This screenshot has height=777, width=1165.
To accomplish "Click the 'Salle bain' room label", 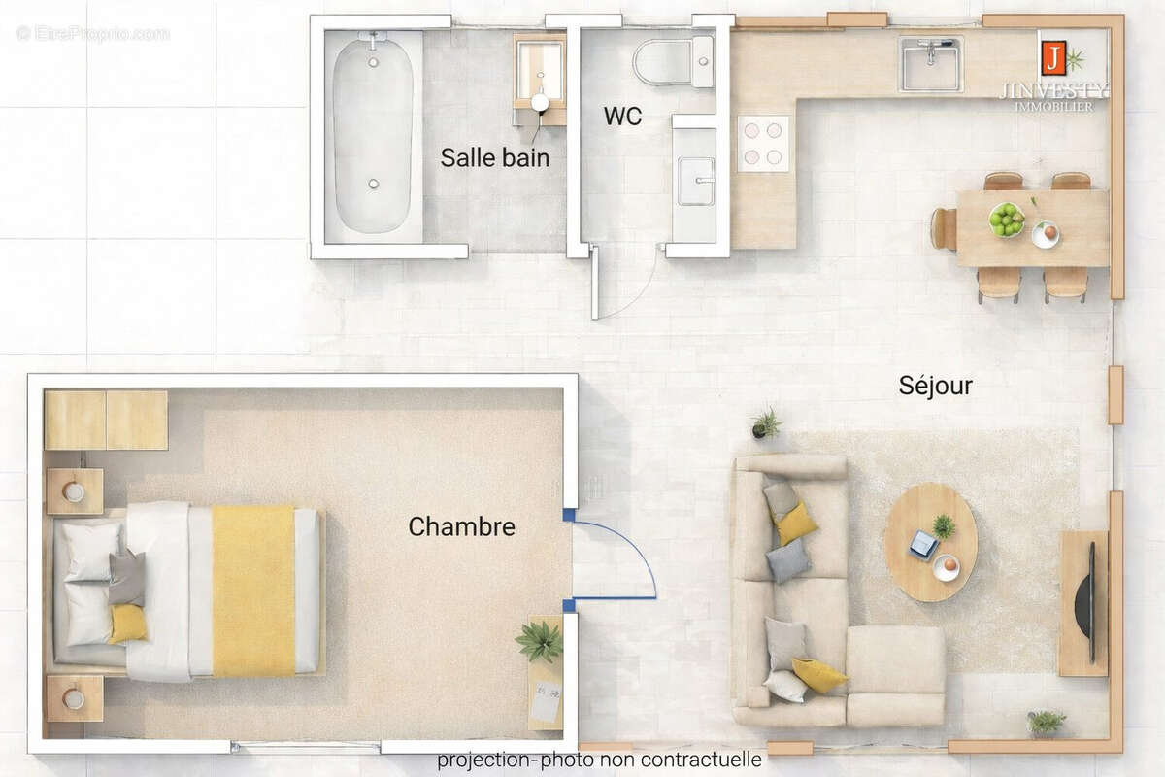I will point(495,157).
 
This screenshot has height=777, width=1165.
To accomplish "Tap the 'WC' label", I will point(622,117).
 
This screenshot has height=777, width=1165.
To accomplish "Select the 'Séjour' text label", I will point(935,387).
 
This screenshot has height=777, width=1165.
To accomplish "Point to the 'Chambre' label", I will point(461,526).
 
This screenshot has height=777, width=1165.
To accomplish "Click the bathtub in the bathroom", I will point(373,134).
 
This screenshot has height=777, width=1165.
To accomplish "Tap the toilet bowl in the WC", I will point(664,62).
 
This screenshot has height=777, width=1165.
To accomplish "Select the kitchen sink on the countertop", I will point(930,64).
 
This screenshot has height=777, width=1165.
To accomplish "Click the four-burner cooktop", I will point(763,143).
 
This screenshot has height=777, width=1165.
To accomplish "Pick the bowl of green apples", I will point(1006,219).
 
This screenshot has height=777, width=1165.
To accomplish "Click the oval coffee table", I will point(930,542).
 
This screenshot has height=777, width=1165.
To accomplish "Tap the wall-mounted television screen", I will point(1092,602).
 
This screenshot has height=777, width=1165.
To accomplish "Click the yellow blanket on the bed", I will point(253,591).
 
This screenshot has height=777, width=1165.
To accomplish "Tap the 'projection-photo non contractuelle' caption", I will point(599,760).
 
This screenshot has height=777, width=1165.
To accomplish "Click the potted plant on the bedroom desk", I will point(540,641).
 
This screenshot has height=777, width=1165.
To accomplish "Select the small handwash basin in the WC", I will point(695,182).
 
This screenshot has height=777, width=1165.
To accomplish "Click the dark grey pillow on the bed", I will point(126,578).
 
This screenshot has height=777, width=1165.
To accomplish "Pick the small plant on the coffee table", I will point(943,526).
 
